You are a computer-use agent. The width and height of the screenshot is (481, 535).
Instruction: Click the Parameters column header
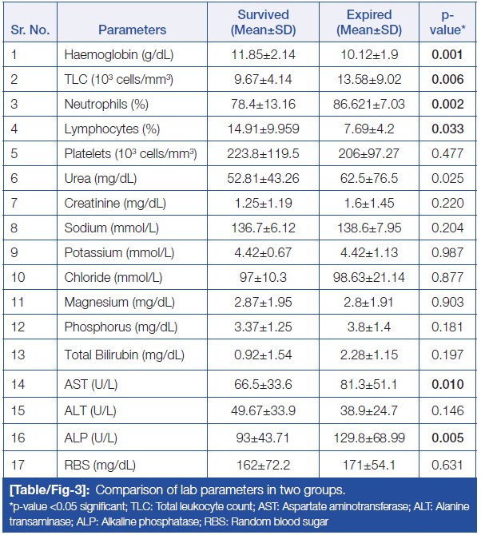tap(133, 30)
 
